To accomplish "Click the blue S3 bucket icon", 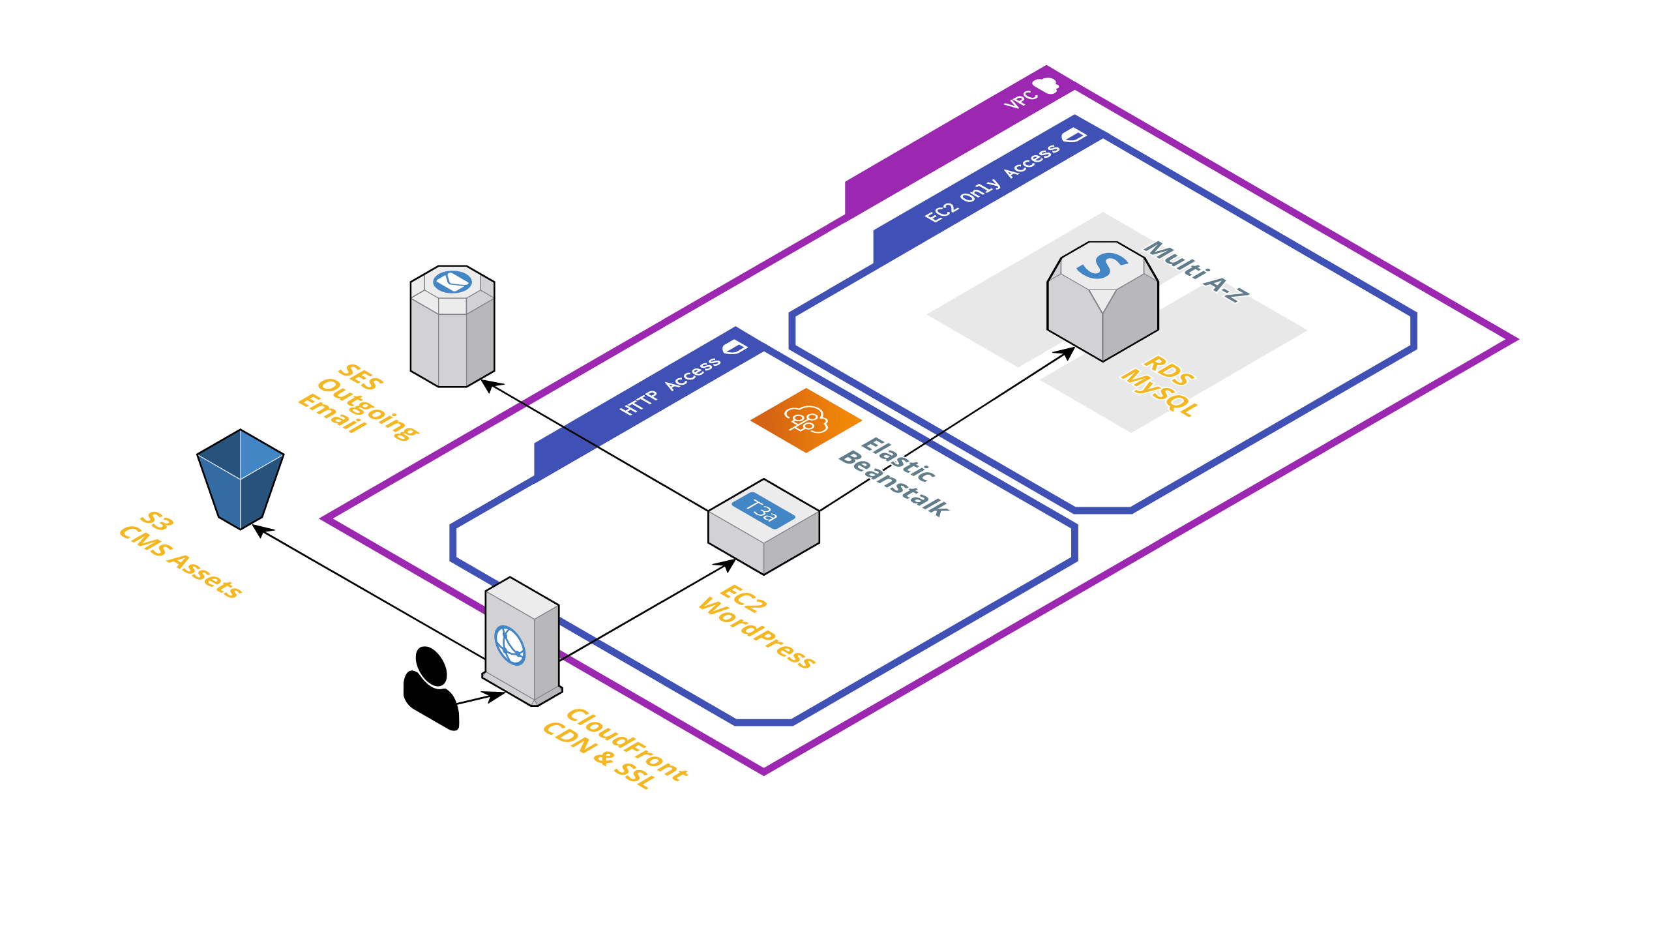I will click(240, 479).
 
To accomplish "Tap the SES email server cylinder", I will click(452, 333).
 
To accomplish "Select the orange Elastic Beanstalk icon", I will click(806, 420).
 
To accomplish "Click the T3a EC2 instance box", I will click(763, 527).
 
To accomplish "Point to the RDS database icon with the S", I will click(1102, 300).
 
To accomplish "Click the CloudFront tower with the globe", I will click(522, 642).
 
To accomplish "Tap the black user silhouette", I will click(430, 688).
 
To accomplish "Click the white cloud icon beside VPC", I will click(1046, 85).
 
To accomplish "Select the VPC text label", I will click(1020, 100).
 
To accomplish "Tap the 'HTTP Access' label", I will click(670, 386).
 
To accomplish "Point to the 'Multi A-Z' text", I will click(1197, 271).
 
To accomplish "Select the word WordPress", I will click(756, 633).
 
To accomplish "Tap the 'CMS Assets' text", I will click(181, 561).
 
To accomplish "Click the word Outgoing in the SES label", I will click(368, 408).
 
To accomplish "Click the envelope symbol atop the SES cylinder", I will click(452, 282).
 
